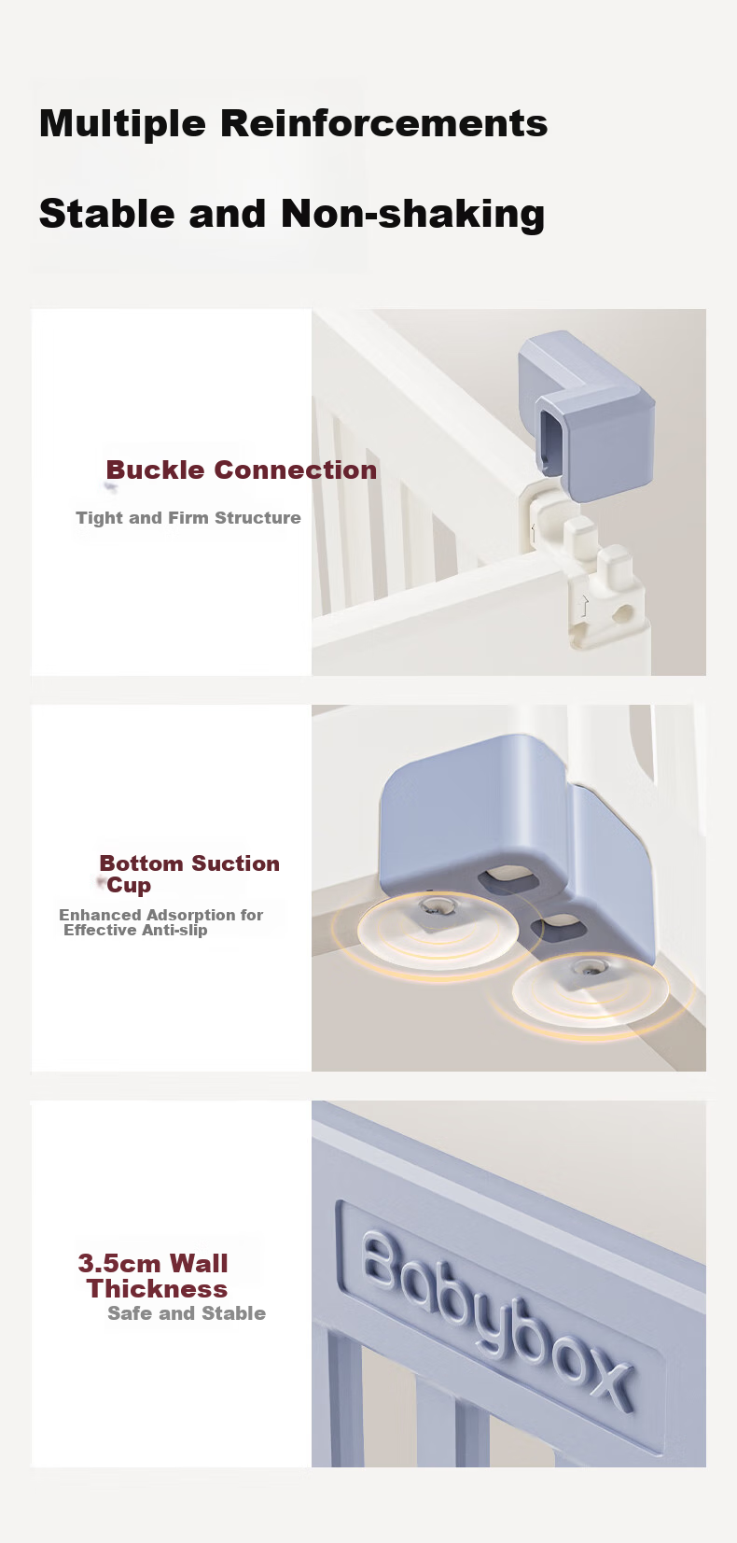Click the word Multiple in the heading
click(x=122, y=124)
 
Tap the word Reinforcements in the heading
click(x=384, y=122)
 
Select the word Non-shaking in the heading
click(x=413, y=214)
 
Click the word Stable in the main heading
click(x=106, y=213)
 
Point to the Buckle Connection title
click(x=241, y=470)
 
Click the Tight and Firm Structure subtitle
click(x=188, y=518)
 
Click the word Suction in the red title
click(x=235, y=863)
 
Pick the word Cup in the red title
click(x=129, y=885)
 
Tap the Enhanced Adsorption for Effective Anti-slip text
click(x=161, y=922)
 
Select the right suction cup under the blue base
click(x=591, y=989)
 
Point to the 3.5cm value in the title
click(x=119, y=1263)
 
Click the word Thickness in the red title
click(x=157, y=1289)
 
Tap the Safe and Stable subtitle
click(x=187, y=1313)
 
